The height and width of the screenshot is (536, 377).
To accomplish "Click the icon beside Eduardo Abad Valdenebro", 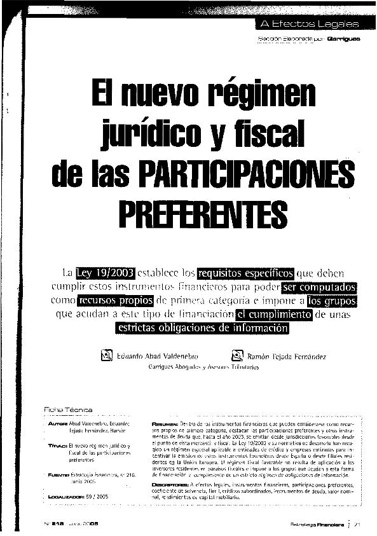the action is [107, 356].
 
